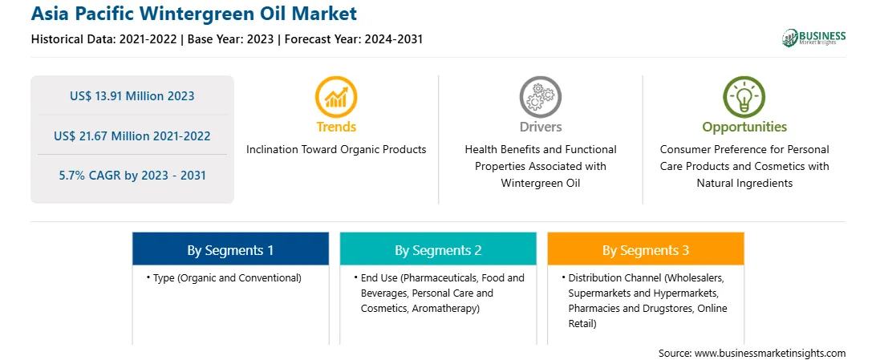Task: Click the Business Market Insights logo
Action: coord(813,38)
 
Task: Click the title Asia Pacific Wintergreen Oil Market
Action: coord(194,14)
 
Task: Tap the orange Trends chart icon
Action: coord(336,97)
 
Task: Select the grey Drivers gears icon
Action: coord(540,97)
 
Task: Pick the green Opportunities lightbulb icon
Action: coord(744,97)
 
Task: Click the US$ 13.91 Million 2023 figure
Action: coord(132,96)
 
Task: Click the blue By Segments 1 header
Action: coord(231,250)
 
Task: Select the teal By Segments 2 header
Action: coord(438,250)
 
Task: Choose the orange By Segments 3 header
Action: coord(646,250)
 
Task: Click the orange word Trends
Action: coord(336,127)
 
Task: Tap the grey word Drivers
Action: coord(541,127)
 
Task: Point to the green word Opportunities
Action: coord(744,127)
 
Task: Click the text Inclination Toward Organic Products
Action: coord(336,150)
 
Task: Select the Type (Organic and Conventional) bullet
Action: coord(224,278)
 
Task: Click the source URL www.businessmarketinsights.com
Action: coord(770,354)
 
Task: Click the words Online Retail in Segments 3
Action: coord(648,316)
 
